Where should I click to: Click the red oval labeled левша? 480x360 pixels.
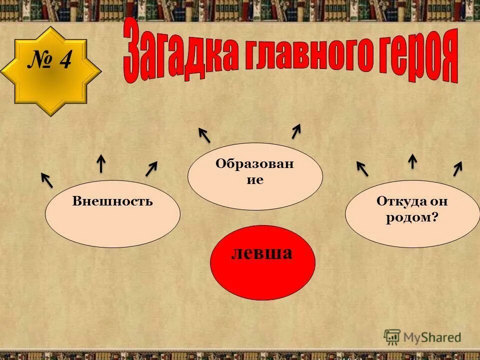coord(262,262)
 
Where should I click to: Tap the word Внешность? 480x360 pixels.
coord(112,201)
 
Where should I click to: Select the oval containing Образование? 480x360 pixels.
coord(255,176)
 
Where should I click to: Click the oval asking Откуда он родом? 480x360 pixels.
coord(412,213)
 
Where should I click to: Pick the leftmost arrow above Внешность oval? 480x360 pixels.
coord(47,180)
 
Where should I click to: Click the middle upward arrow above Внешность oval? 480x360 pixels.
coord(101,163)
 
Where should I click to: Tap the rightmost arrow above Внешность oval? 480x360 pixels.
coord(151,168)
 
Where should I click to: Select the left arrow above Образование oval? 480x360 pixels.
coord(204,134)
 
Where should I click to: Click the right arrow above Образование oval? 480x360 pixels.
coord(296,131)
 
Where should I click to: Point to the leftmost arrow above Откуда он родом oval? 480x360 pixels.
coord(362,168)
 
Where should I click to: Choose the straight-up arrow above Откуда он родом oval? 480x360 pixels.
coord(412,161)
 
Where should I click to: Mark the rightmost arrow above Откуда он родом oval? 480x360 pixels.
coord(457,168)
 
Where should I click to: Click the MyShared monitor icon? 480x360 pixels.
coord(392,336)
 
